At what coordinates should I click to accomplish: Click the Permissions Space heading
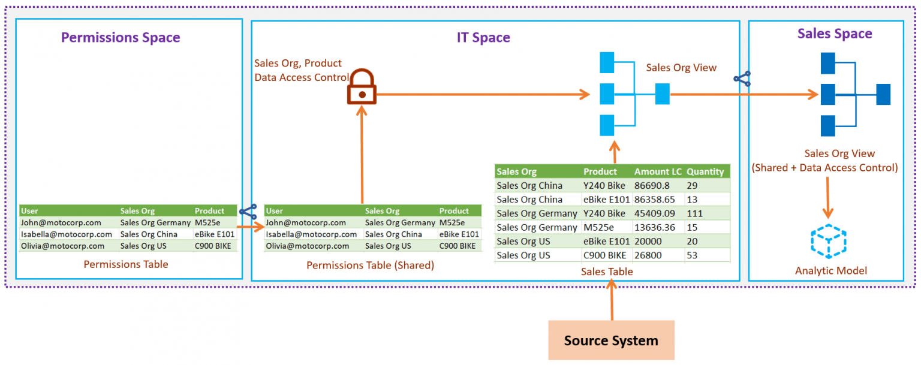pyautogui.click(x=121, y=37)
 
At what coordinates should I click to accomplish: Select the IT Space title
pyautogui.click(x=483, y=37)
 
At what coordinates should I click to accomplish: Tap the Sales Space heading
pyautogui.click(x=834, y=34)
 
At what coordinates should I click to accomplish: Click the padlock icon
pyautogui.click(x=362, y=88)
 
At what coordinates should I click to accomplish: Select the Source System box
pyautogui.click(x=611, y=340)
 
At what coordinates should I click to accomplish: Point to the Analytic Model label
pyautogui.click(x=830, y=270)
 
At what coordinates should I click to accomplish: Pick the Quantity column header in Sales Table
pyautogui.click(x=705, y=171)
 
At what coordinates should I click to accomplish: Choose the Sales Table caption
pyautogui.click(x=607, y=272)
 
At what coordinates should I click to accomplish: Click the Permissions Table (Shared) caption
pyautogui.click(x=370, y=264)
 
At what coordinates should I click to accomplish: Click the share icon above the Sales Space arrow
pyautogui.click(x=742, y=79)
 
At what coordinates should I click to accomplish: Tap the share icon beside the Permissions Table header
pyautogui.click(x=248, y=211)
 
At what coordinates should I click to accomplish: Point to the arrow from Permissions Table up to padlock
pyautogui.click(x=362, y=156)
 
